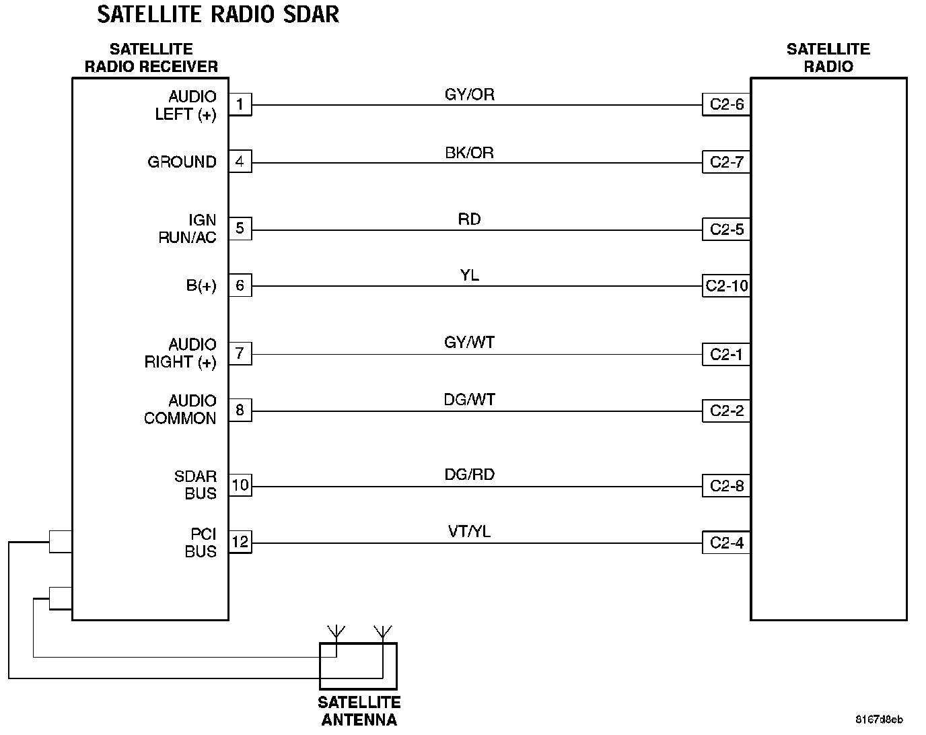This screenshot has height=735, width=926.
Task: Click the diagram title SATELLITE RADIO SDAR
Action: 218,14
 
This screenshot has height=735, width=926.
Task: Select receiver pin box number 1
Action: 240,105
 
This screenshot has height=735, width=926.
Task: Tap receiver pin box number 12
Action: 240,542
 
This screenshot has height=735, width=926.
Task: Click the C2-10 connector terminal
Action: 726,286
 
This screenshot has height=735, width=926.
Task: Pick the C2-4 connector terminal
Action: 726,542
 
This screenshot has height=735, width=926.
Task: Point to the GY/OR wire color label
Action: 469,95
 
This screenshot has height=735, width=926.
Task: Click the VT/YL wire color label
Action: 469,532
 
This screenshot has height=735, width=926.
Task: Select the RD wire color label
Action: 469,219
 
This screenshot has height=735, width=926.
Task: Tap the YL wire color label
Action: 469,275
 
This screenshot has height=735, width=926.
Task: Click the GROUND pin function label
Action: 182,162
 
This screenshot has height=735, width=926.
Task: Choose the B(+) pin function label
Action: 201,286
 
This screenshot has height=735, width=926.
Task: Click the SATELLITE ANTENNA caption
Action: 359,711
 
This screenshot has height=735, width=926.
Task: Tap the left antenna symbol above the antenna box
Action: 336,632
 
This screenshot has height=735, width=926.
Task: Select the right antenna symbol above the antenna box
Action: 382,632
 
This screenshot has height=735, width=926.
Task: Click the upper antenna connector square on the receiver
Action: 61,541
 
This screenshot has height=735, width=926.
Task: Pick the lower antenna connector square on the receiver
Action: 61,598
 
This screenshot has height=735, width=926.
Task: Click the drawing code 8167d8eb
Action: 879,719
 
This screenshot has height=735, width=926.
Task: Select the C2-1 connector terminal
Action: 726,355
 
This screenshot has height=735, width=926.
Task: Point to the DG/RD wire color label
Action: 469,475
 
